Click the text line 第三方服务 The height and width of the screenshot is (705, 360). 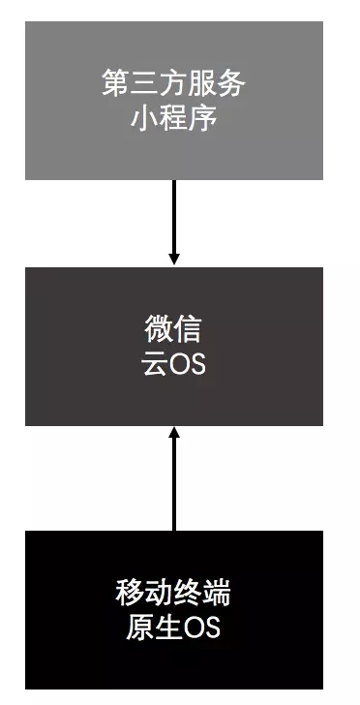174,83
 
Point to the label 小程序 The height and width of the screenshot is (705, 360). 174,119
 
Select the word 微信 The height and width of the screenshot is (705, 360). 174,330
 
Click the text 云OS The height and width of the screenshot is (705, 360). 174,366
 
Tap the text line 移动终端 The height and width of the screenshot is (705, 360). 174,591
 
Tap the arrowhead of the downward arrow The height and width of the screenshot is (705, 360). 174,259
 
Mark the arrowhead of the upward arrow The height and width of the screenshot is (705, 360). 174,433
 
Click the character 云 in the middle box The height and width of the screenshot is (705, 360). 155,366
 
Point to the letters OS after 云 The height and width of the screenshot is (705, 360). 187,366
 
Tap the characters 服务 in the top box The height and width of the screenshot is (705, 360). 223,83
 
